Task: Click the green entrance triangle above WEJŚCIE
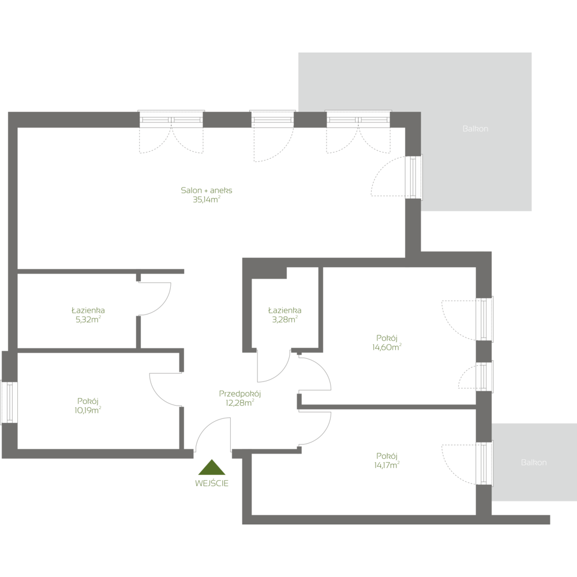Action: pyautogui.click(x=212, y=468)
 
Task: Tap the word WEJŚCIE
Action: pyautogui.click(x=212, y=484)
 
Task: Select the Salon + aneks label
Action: pyautogui.click(x=207, y=190)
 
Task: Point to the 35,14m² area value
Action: pyautogui.click(x=207, y=200)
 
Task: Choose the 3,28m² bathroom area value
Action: pyautogui.click(x=284, y=319)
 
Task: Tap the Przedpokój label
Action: pyautogui.click(x=241, y=394)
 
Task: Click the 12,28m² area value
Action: pyautogui.click(x=241, y=403)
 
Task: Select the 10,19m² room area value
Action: pyautogui.click(x=88, y=410)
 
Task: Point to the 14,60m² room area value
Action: pyautogui.click(x=387, y=347)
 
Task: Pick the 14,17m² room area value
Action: pyautogui.click(x=387, y=463)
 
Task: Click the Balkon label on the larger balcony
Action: pyautogui.click(x=475, y=129)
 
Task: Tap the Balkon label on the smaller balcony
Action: pyautogui.click(x=533, y=462)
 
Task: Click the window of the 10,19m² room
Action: pyautogui.click(x=9, y=403)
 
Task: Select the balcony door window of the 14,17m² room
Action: pyautogui.click(x=484, y=463)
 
